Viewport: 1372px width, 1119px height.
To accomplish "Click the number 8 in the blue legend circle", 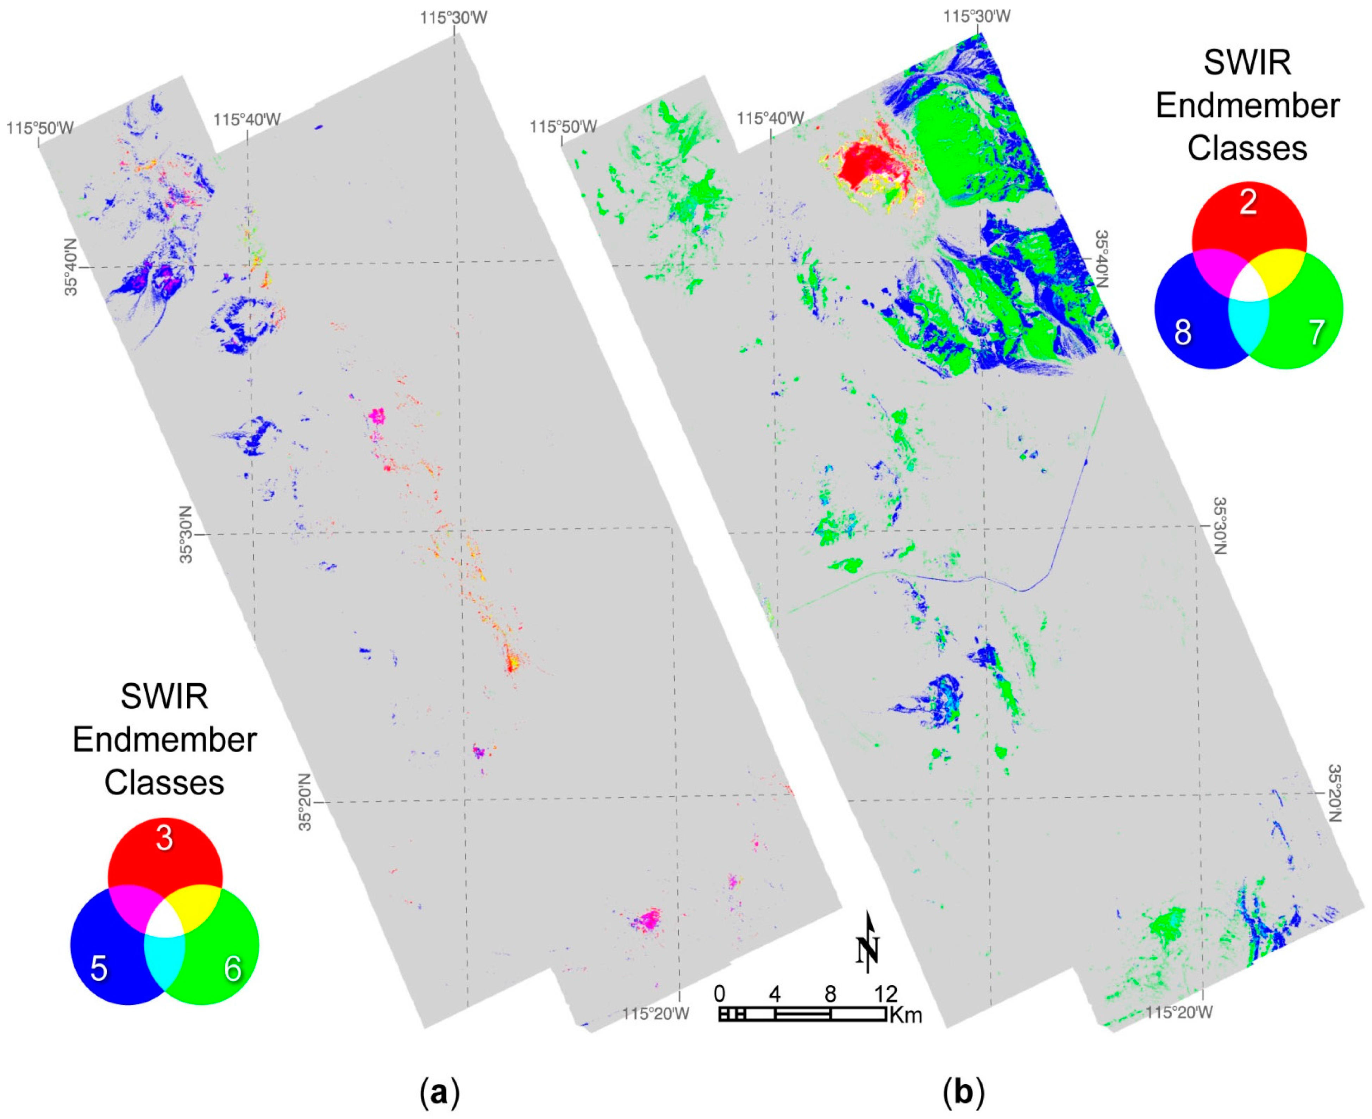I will tap(1183, 332).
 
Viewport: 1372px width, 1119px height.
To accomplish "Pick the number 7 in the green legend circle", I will tap(1316, 332).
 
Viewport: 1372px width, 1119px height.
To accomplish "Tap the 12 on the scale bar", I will tap(886, 993).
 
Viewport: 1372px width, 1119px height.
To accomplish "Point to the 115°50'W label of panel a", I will tap(40, 128).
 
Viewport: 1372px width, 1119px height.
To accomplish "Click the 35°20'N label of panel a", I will tap(305, 802).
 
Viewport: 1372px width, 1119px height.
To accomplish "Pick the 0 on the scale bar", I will tap(720, 993).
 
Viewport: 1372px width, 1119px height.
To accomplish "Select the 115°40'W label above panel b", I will tap(770, 118).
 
